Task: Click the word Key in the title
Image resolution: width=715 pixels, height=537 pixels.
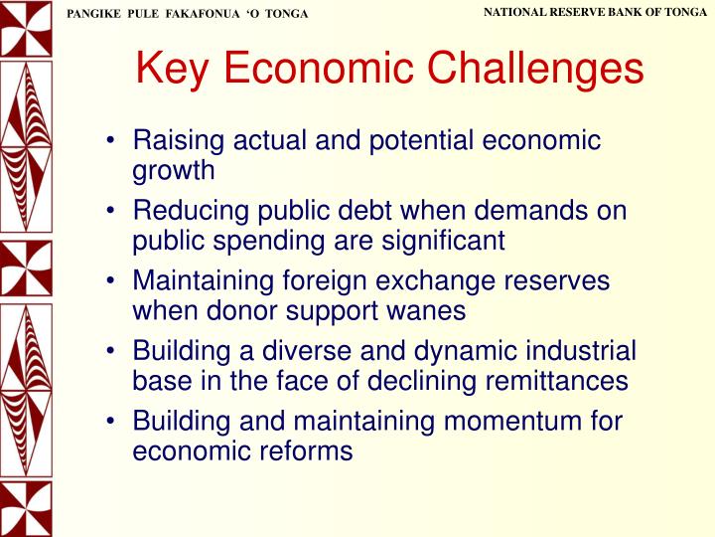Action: (174, 69)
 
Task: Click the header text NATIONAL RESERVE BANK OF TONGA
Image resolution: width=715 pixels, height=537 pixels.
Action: (595, 11)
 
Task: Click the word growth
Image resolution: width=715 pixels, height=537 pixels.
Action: (173, 170)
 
